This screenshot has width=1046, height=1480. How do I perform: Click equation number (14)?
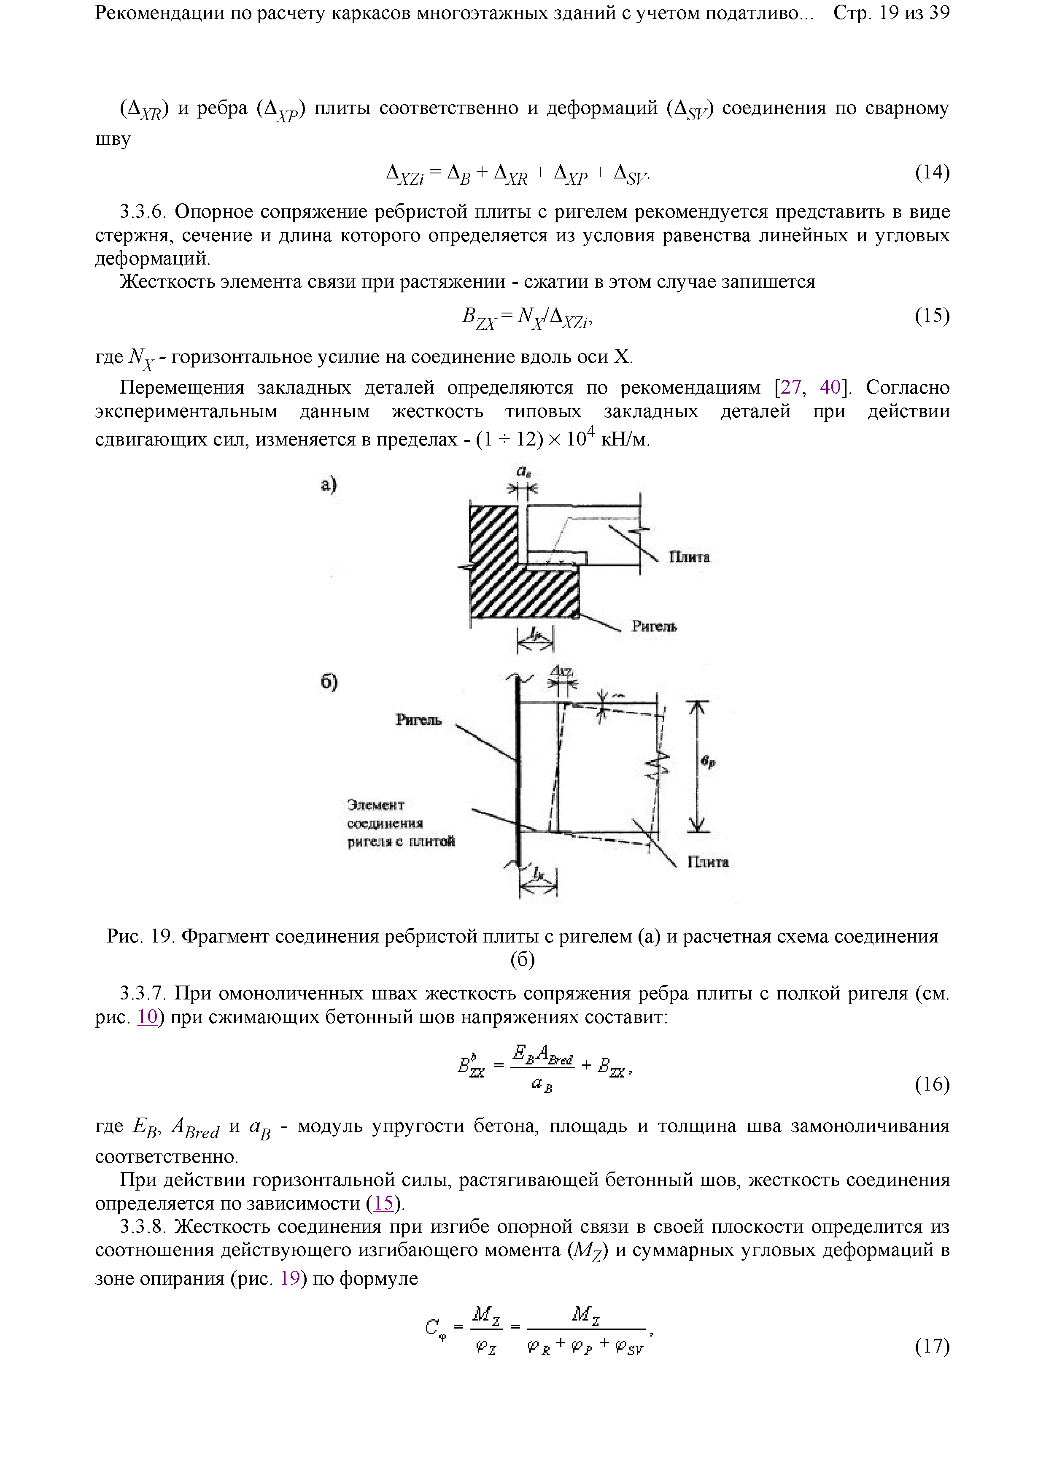tap(932, 172)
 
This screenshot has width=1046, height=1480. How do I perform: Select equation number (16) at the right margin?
tap(932, 1084)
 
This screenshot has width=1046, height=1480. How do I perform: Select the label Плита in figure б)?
tap(708, 862)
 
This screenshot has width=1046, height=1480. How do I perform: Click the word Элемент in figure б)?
tap(376, 805)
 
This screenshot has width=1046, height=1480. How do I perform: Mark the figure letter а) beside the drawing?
tap(329, 485)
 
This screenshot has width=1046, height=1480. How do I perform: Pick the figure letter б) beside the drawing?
tap(329, 681)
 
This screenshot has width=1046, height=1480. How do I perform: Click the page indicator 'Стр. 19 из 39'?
tap(891, 13)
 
